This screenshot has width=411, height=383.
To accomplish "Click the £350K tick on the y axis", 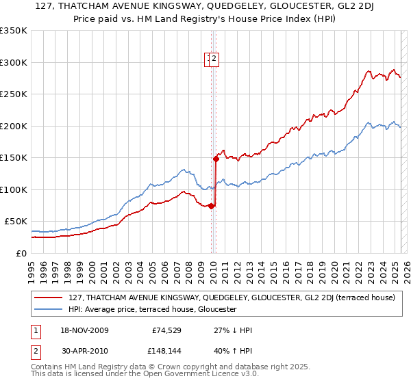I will point(13,31).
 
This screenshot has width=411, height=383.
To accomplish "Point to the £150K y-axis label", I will point(13,157).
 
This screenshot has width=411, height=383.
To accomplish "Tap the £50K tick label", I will point(16,221).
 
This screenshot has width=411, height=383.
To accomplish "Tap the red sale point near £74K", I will point(211,205).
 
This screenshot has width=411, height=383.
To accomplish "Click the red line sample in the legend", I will point(49,298).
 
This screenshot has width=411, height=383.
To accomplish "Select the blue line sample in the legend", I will point(49,309).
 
